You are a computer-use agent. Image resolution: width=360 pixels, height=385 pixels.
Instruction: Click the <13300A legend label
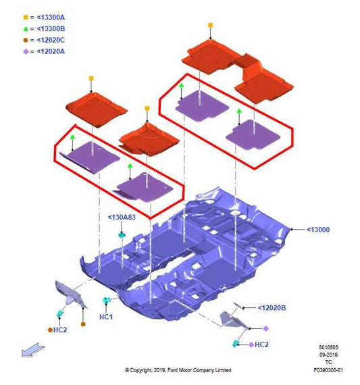51,18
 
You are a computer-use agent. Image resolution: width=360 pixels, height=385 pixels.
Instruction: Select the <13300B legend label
51,29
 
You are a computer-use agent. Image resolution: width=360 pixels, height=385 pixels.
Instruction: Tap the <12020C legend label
51,40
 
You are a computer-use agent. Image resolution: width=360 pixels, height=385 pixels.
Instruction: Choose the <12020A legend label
51,51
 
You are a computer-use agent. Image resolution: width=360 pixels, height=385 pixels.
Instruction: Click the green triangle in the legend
26,29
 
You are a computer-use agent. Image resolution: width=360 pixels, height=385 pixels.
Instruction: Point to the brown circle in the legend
26,40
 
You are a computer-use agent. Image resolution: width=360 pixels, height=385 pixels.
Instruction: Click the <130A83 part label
122,217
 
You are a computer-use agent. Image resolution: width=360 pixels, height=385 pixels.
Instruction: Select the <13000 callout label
318,230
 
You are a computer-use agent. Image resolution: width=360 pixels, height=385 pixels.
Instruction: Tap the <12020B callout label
272,307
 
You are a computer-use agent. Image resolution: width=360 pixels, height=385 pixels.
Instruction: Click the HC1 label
106,317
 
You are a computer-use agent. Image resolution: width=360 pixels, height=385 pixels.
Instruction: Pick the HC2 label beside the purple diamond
261,344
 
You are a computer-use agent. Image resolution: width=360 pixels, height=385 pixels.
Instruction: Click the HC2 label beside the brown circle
60,330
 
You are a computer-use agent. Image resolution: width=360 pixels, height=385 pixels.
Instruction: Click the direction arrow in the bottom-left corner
33,350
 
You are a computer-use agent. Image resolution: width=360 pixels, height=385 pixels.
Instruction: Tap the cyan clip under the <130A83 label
122,235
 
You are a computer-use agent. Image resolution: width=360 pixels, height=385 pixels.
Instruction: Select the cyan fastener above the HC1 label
106,300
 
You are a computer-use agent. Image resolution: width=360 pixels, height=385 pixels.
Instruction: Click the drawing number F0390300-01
328,369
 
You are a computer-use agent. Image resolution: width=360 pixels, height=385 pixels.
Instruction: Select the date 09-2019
328,355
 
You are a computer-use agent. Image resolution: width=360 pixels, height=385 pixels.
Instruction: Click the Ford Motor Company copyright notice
178,370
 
